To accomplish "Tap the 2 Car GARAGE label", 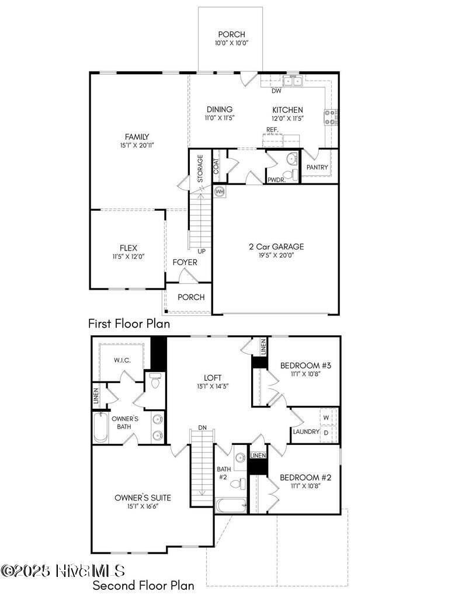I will coord(276,246).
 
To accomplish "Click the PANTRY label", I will coord(317,168).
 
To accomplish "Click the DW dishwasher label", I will coord(277,91).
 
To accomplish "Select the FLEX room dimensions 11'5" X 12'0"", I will coord(128,256).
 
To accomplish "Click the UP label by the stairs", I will coord(202,251).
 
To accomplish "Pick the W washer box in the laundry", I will coord(326,418).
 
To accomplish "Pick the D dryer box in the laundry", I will coord(326,433).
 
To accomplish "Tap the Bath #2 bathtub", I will coord(231,505).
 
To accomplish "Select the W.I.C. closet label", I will coord(122,360).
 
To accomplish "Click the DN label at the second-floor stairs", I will coord(202,427).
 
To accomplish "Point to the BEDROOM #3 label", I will coord(305,366).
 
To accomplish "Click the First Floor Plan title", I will coord(129,324).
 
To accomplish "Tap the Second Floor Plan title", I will coord(143,585).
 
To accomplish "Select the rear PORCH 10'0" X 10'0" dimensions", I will coord(231,43).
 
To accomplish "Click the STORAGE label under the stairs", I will coord(200,169).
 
